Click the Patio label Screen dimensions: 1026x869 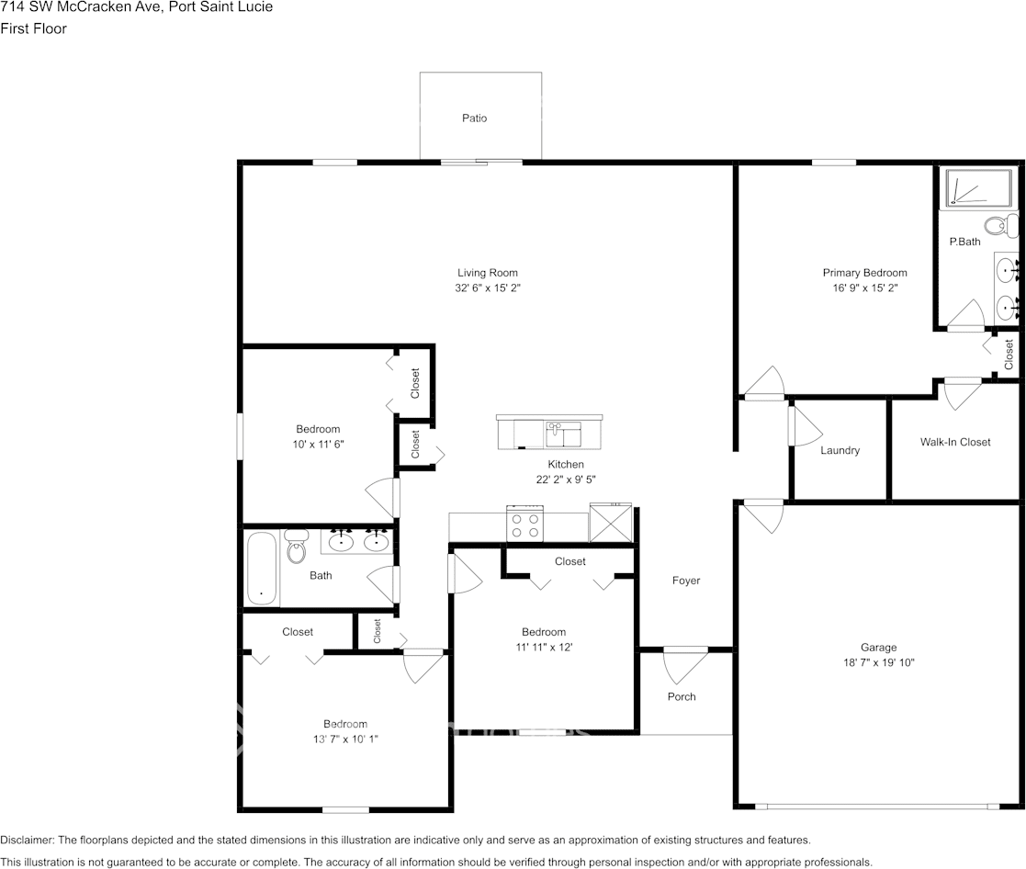pos(474,118)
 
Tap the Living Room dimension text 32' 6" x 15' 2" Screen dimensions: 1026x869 pos(488,288)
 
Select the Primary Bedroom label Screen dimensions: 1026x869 pos(864,273)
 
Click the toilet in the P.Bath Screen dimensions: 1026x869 pos(1001,226)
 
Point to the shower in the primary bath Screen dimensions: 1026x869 pos(978,188)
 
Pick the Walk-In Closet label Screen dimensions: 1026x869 pos(954,443)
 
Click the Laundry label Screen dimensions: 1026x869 pos(840,450)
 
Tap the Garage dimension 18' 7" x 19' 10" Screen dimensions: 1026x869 pos(878,662)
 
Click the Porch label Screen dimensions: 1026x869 pos(682,697)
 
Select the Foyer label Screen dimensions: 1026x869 pos(686,581)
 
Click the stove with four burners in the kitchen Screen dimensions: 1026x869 pos(524,523)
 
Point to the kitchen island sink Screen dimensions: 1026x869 pos(563,434)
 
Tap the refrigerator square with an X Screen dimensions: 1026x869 pos(611,522)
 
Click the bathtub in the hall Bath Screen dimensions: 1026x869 pos(262,568)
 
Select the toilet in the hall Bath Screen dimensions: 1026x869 pos(297,547)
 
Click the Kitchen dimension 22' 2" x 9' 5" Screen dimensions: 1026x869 pos(565,480)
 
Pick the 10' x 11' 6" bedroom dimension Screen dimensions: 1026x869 pos(318,445)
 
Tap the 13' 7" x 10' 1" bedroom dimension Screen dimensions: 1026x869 pos(345,739)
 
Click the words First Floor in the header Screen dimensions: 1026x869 pos(33,28)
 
